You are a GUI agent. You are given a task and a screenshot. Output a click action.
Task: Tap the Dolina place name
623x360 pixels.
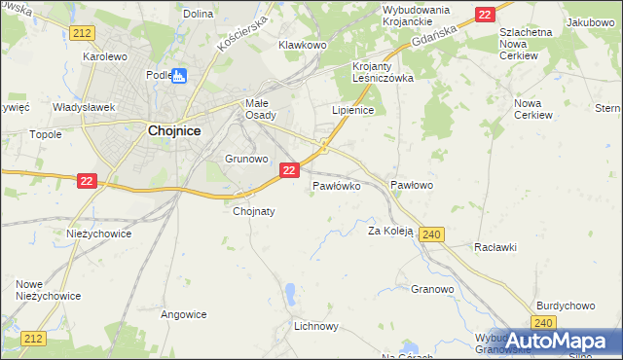tap(198, 14)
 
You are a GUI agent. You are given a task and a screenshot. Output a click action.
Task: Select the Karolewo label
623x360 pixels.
tap(105, 56)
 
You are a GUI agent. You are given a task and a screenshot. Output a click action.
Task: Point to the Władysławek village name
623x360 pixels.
tap(85, 107)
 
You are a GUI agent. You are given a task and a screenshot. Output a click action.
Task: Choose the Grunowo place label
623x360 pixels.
tap(246, 158)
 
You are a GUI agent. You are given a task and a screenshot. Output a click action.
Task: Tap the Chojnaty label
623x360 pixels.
tap(254, 210)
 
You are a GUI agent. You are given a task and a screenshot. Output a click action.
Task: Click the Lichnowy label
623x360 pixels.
tap(315, 328)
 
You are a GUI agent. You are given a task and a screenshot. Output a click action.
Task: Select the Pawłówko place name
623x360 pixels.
tap(337, 184)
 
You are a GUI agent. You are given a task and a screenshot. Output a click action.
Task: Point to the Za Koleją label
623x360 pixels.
tap(390, 232)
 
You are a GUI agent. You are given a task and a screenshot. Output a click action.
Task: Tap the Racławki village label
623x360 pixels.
tap(495, 247)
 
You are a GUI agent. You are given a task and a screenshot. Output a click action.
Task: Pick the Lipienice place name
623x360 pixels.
tap(353, 111)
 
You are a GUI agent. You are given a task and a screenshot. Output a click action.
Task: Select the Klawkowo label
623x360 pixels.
tap(302, 45)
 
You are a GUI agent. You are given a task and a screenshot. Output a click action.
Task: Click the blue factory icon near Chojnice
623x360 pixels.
tap(180, 75)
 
